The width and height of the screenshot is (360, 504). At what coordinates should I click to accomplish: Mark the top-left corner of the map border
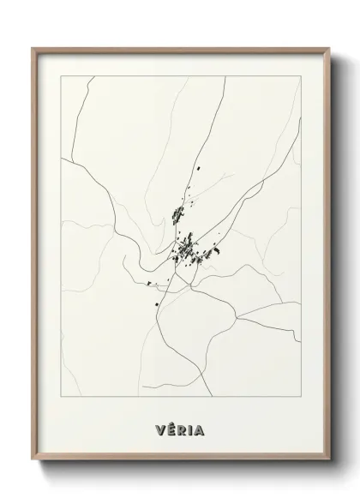pos(61,76)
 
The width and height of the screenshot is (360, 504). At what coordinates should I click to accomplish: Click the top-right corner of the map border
pos(302,76)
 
